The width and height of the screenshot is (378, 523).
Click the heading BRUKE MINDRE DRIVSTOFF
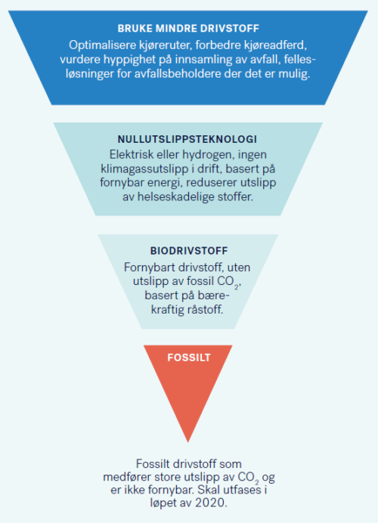pyautogui.click(x=188, y=29)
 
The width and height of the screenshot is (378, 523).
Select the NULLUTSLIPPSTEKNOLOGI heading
pyautogui.click(x=187, y=139)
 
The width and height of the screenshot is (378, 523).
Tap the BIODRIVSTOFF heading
pyautogui.click(x=189, y=251)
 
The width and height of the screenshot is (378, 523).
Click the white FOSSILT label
pyautogui.click(x=189, y=357)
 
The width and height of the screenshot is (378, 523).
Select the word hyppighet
pyautogui.click(x=129, y=60)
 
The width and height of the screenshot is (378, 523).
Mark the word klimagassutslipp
pyautogui.click(x=144, y=169)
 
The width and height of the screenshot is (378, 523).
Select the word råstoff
pyautogui.click(x=205, y=310)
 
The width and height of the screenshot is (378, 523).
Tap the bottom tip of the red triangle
pyautogui.click(x=188, y=442)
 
